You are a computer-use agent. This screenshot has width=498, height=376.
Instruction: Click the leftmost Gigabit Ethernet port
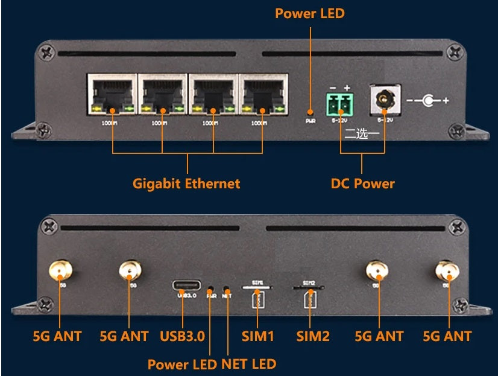click(112, 95)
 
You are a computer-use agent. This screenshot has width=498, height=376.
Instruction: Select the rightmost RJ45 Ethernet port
click(263, 95)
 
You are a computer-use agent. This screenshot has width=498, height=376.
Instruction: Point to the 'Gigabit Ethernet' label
click(186, 183)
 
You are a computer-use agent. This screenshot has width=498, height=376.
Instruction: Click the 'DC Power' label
click(363, 183)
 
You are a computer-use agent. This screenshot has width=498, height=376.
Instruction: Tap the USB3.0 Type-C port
click(183, 284)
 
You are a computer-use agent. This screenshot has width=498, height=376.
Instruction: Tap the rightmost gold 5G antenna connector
click(447, 270)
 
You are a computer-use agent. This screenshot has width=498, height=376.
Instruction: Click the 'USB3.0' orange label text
click(183, 336)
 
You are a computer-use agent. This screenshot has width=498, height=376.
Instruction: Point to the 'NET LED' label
click(249, 364)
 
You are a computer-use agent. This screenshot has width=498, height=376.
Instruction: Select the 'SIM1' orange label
click(257, 336)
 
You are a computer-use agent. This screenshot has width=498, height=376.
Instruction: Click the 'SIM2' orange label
click(313, 336)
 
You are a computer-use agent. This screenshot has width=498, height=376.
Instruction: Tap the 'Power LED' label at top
click(310, 13)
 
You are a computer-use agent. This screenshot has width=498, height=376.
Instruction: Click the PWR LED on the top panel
click(310, 112)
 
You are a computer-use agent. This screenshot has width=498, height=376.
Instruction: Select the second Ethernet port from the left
click(162, 95)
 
